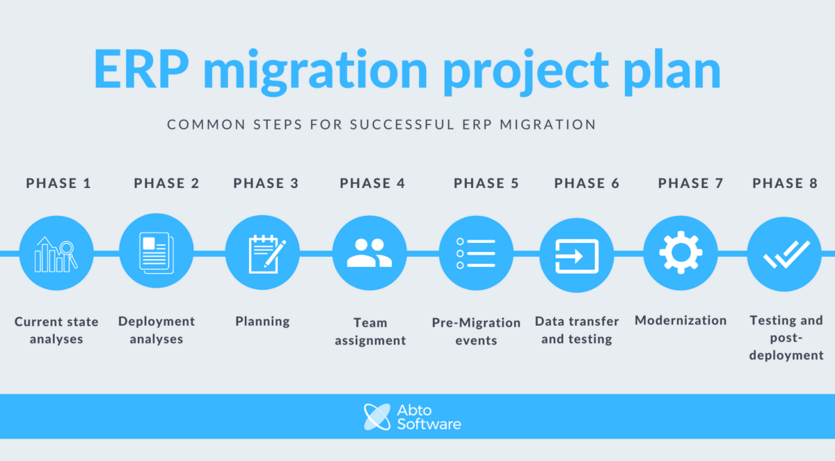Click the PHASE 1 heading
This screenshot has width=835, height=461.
pos(58,184)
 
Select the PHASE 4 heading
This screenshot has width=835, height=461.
pos(372,184)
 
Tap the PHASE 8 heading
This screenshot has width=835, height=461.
pos(785,184)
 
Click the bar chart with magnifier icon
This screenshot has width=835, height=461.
pos(56,254)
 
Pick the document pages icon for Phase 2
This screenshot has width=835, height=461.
pos(157,251)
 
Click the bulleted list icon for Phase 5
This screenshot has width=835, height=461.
pos(476,253)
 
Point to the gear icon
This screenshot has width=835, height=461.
pos(680,252)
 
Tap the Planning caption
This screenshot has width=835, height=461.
pos(262,322)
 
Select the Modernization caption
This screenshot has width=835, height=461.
pos(681,320)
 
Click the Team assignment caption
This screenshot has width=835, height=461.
pos(369,331)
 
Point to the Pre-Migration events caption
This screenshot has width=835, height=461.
pos(476,331)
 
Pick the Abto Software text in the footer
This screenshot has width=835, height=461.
pos(429,416)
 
